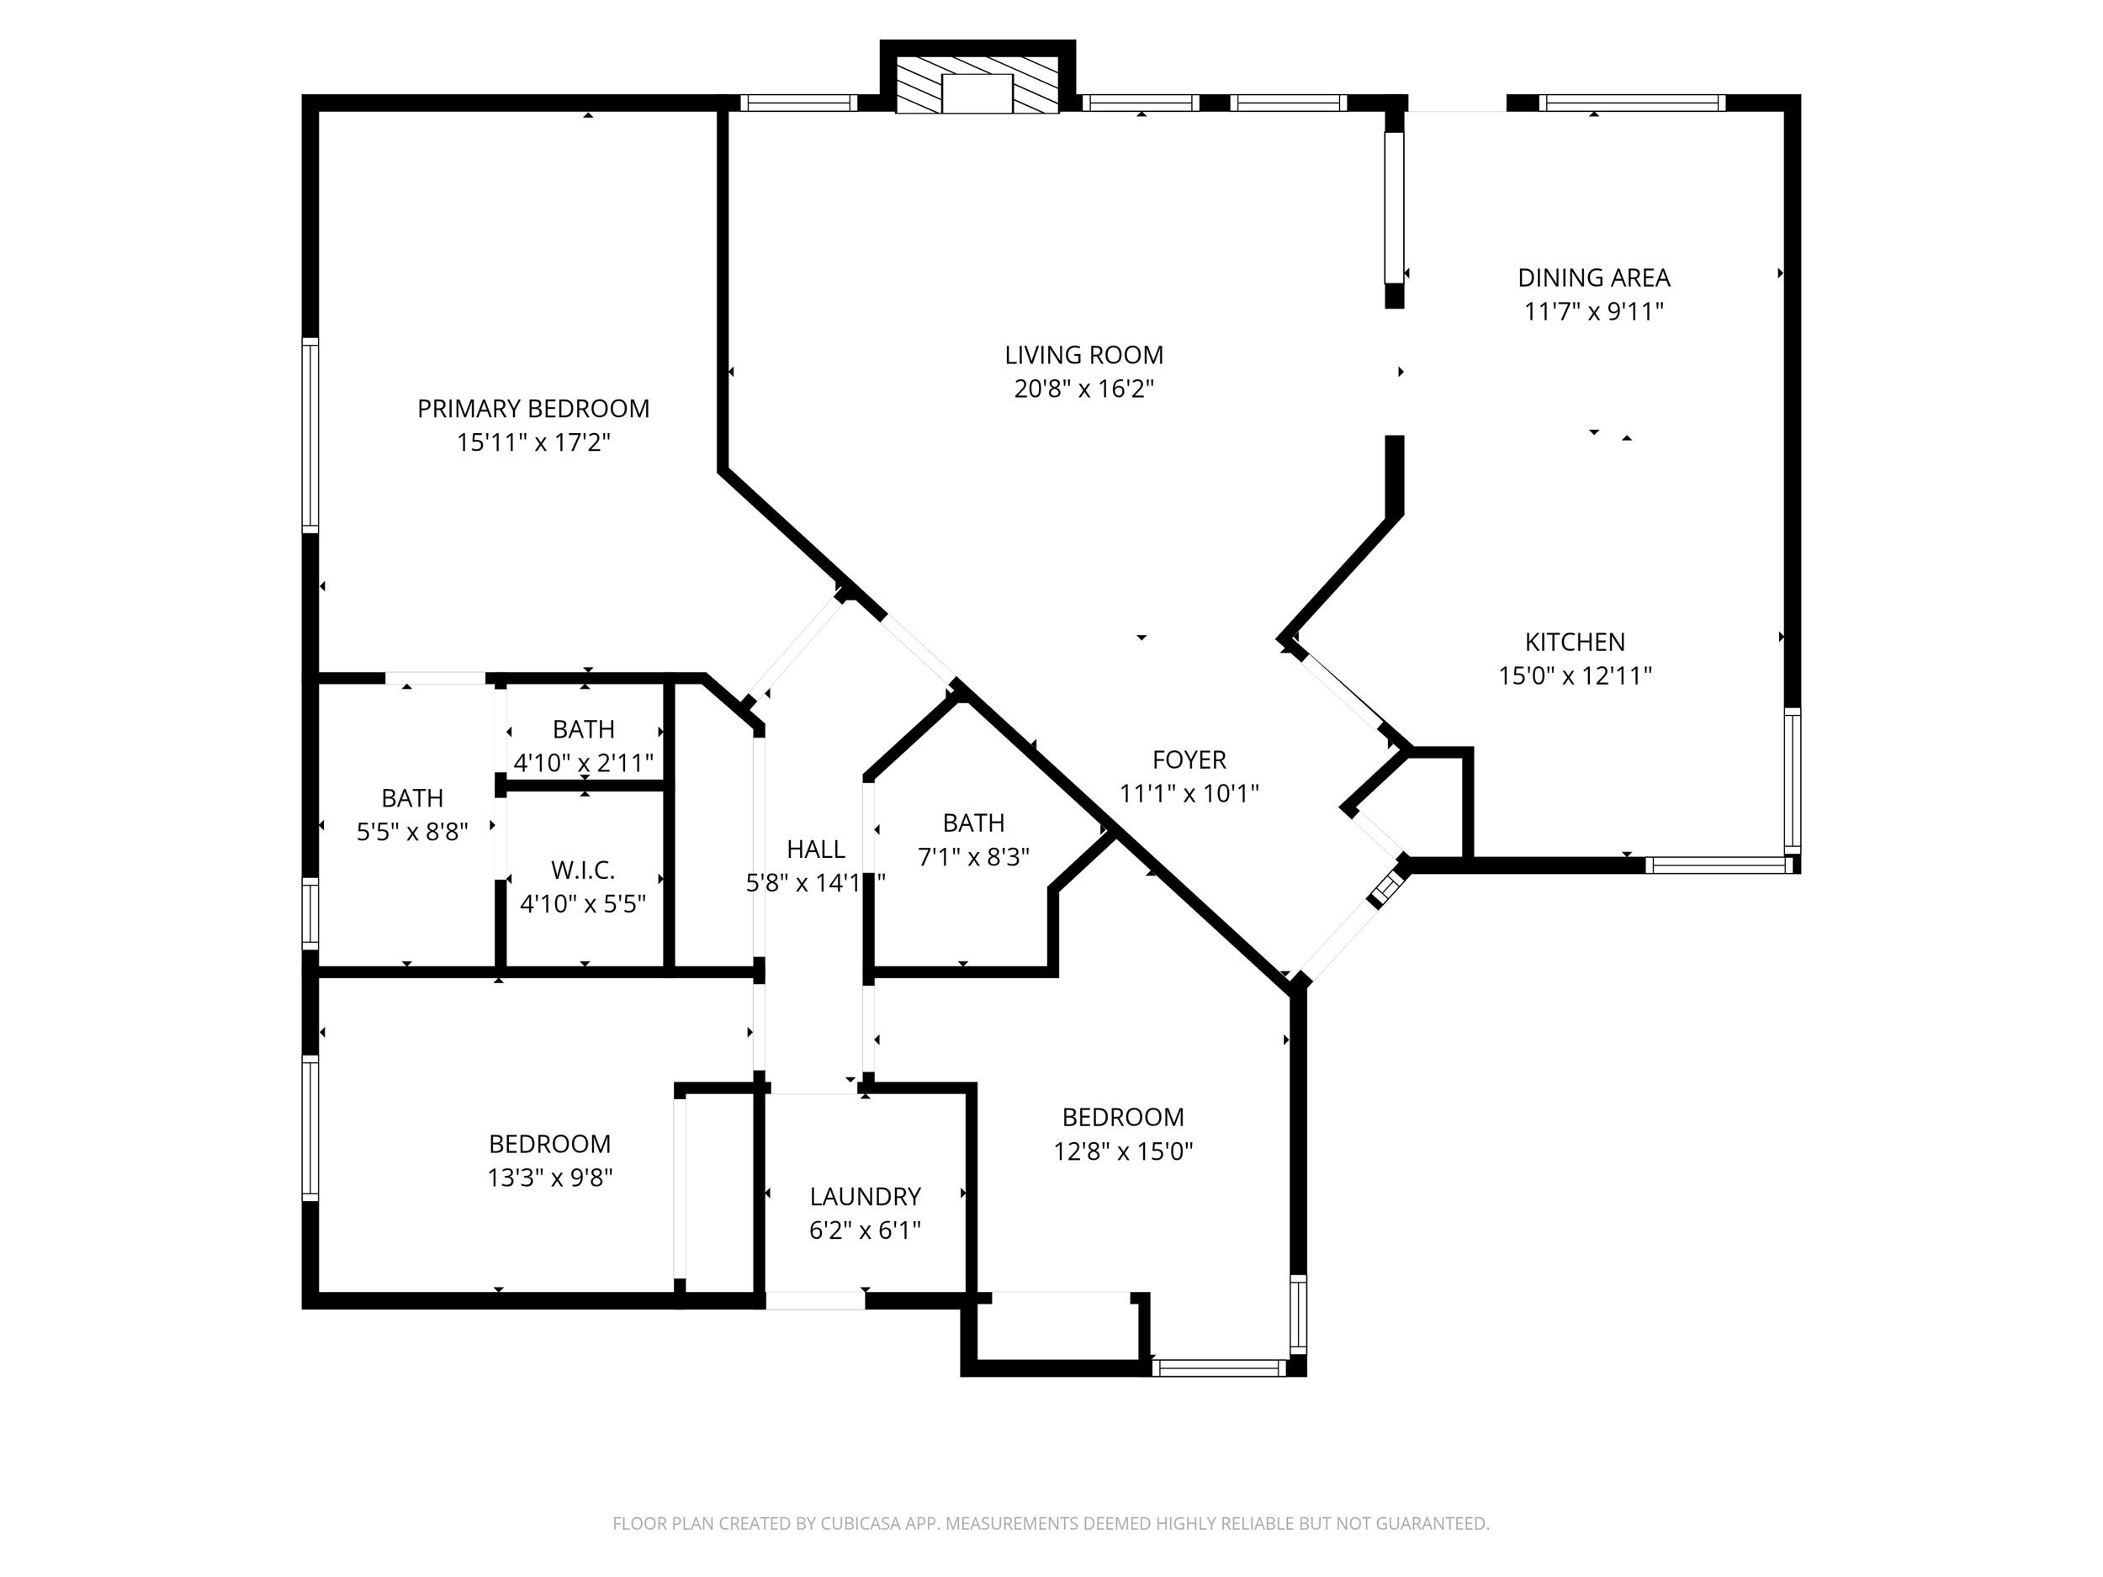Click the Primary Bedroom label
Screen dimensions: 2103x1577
pyautogui.click(x=533, y=409)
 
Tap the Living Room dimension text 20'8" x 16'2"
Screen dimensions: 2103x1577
pyautogui.click(x=1083, y=389)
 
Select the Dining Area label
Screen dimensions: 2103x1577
pyautogui.click(x=1593, y=278)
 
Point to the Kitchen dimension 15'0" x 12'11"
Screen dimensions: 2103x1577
pyautogui.click(x=1576, y=676)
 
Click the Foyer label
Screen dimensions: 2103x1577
pyautogui.click(x=1189, y=759)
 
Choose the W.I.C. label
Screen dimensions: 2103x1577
pyautogui.click(x=583, y=870)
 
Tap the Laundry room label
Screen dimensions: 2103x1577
pyautogui.click(x=865, y=1196)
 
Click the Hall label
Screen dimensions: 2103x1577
pyautogui.click(x=816, y=849)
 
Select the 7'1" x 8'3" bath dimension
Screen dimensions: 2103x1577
pyautogui.click(x=973, y=857)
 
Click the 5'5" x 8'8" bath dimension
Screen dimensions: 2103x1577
pyautogui.click(x=413, y=833)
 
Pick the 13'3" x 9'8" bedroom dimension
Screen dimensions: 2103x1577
pyautogui.click(x=549, y=1177)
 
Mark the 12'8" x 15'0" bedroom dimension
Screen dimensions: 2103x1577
pyautogui.click(x=1123, y=1151)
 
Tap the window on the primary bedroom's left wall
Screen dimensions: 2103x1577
pyautogui.click(x=310, y=435)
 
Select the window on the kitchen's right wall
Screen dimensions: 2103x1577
pyautogui.click(x=1792, y=781)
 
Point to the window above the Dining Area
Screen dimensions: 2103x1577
pyautogui.click(x=1631, y=103)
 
